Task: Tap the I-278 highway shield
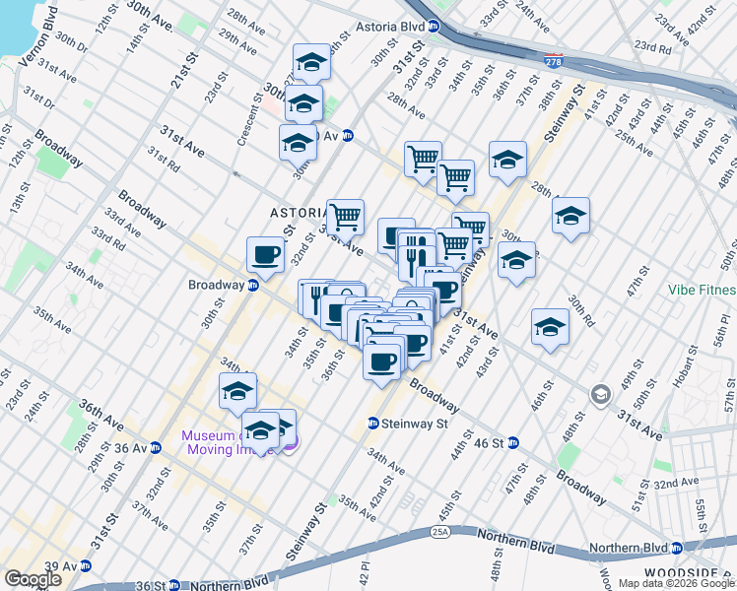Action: tap(555, 60)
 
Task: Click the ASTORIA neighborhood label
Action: tap(299, 213)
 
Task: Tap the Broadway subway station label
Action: tap(216, 285)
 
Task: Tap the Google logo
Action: tap(33, 579)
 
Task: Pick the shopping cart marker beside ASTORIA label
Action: tap(345, 217)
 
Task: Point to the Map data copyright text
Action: tap(677, 583)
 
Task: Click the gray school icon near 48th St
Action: tap(599, 396)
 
